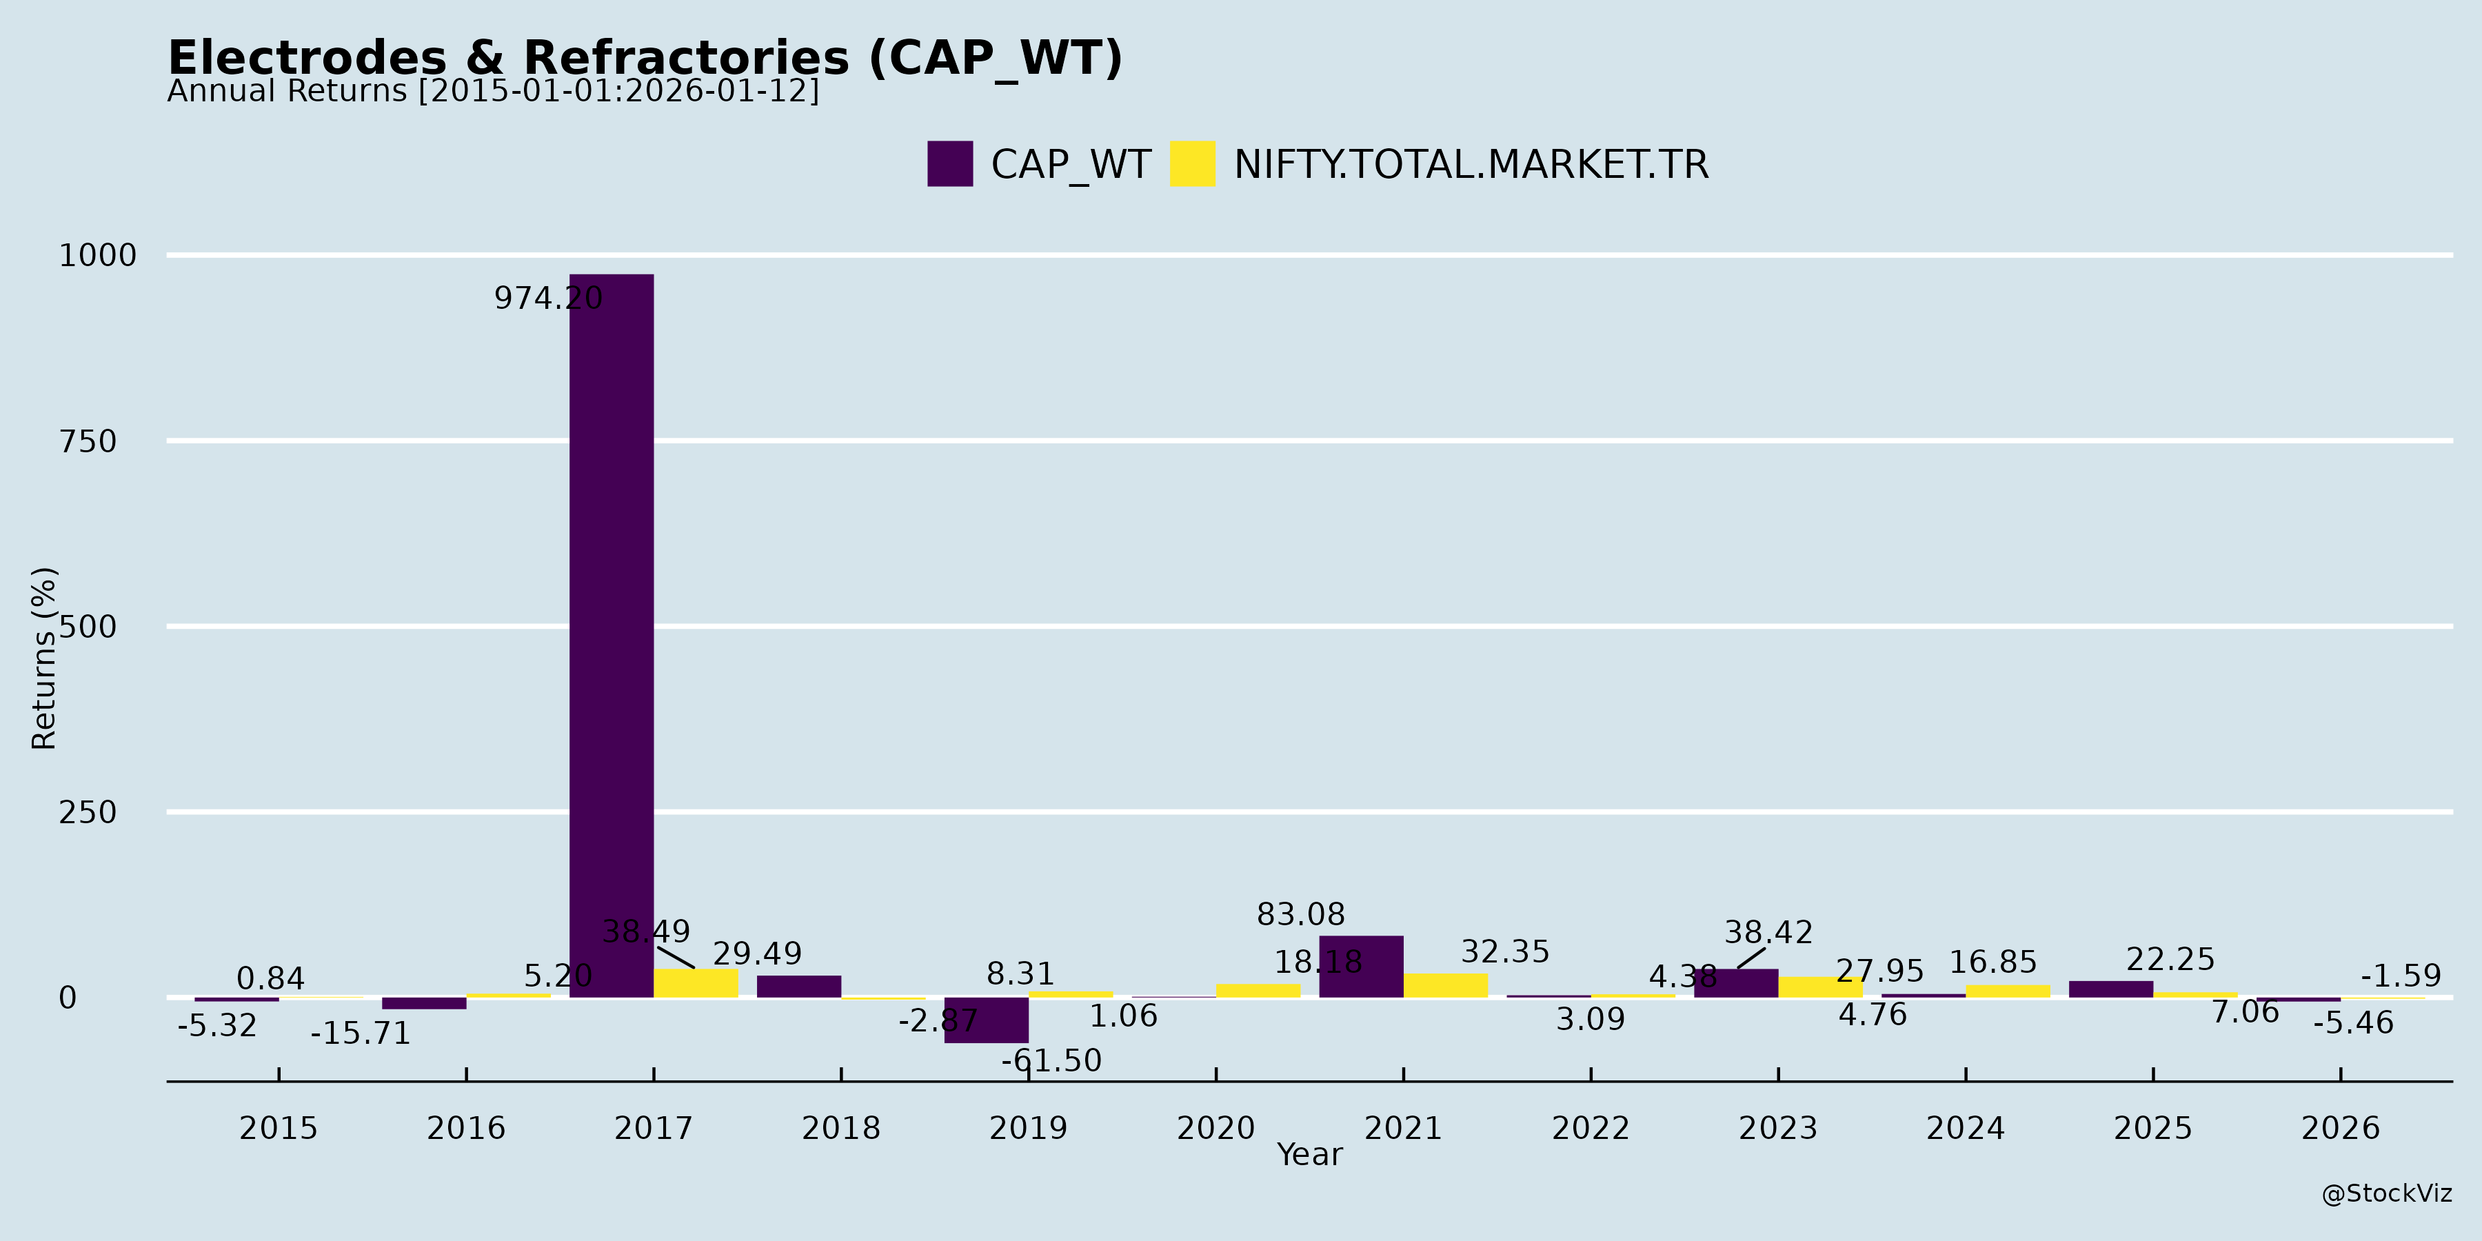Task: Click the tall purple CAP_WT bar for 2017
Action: (x=611, y=636)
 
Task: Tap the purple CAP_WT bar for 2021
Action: (x=1360, y=967)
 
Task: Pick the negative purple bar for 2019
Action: (x=986, y=1020)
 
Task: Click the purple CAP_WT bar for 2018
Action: (x=799, y=987)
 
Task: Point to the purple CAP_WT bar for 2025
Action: (x=2110, y=989)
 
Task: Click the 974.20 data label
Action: (x=548, y=299)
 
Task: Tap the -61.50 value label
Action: (x=1051, y=1061)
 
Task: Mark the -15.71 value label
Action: (x=361, y=1034)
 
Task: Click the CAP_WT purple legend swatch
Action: (x=950, y=164)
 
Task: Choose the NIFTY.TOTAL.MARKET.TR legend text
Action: (x=1471, y=165)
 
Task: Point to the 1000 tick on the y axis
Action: (x=97, y=255)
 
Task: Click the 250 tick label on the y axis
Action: (x=88, y=812)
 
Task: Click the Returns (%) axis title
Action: (x=44, y=658)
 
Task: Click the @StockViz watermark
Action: (x=2385, y=1194)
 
